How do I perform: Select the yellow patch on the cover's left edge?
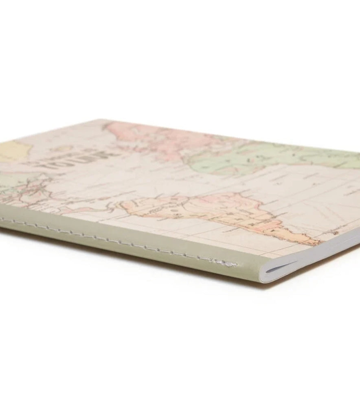[x=10, y=150]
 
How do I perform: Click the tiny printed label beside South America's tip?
[x=335, y=233]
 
